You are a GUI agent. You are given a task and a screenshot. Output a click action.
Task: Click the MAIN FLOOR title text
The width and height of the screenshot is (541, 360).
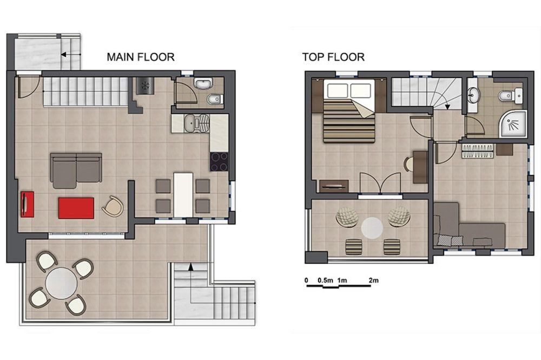pos(140,57)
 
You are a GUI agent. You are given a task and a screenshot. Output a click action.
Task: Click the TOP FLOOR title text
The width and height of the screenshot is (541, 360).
pos(333,57)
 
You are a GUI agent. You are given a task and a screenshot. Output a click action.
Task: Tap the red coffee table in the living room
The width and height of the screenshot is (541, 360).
pos(76,208)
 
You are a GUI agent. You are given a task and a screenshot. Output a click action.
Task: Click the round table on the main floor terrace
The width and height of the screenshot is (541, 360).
pos(61,284)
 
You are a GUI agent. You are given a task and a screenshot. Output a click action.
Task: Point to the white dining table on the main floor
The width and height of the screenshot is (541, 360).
pos(183,193)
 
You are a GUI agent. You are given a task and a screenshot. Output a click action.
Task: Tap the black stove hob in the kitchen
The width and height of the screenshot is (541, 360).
pos(219,161)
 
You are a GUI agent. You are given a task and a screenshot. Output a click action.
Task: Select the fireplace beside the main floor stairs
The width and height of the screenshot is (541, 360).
pos(144,86)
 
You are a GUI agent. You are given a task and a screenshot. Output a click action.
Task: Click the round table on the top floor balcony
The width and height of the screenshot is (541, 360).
pos(372,227)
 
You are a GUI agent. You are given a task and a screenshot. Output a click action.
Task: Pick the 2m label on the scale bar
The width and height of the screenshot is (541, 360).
pos(373,280)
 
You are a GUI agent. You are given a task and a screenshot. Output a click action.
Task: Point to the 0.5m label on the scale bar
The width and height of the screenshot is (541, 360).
pos(325,280)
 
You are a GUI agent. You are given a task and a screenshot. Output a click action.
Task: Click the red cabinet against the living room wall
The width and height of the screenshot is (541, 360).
pos(27,204)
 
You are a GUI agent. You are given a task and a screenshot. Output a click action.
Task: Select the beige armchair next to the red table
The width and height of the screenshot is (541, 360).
pos(113,206)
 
